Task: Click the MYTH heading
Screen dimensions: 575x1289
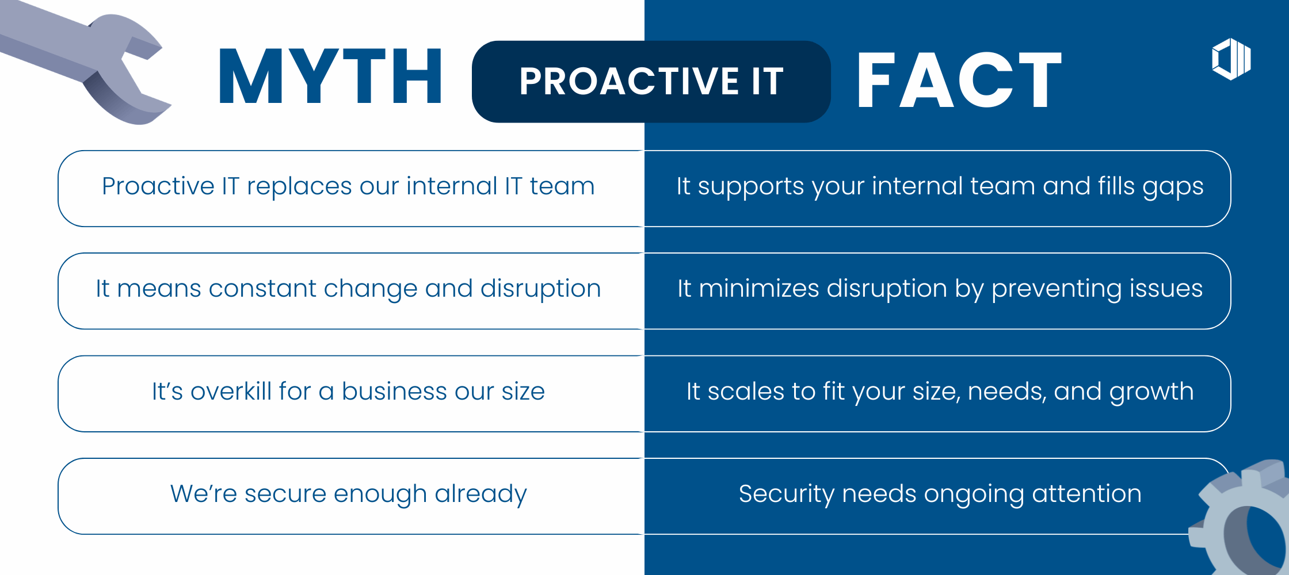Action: click(330, 76)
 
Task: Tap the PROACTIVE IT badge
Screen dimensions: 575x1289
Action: click(651, 81)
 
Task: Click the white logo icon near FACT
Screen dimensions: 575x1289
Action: click(1231, 59)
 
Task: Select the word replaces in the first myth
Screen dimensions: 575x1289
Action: click(299, 187)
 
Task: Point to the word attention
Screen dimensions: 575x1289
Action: click(1086, 494)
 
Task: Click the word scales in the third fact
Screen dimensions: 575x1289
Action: click(746, 392)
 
